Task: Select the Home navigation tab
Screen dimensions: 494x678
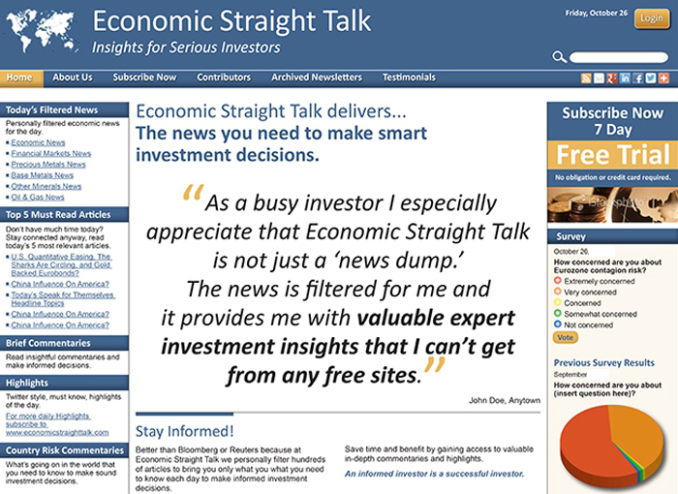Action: (18, 77)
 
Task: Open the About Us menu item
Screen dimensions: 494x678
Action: (73, 77)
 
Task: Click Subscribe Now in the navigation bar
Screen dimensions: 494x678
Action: (144, 77)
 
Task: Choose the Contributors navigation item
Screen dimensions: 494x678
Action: (224, 77)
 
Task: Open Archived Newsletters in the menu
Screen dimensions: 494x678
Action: (317, 77)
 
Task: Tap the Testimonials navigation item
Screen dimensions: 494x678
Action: (409, 77)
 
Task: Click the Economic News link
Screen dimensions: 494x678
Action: (39, 142)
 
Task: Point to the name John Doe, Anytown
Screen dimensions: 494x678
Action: (504, 400)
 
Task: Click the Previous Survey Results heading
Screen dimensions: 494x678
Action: (604, 362)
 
